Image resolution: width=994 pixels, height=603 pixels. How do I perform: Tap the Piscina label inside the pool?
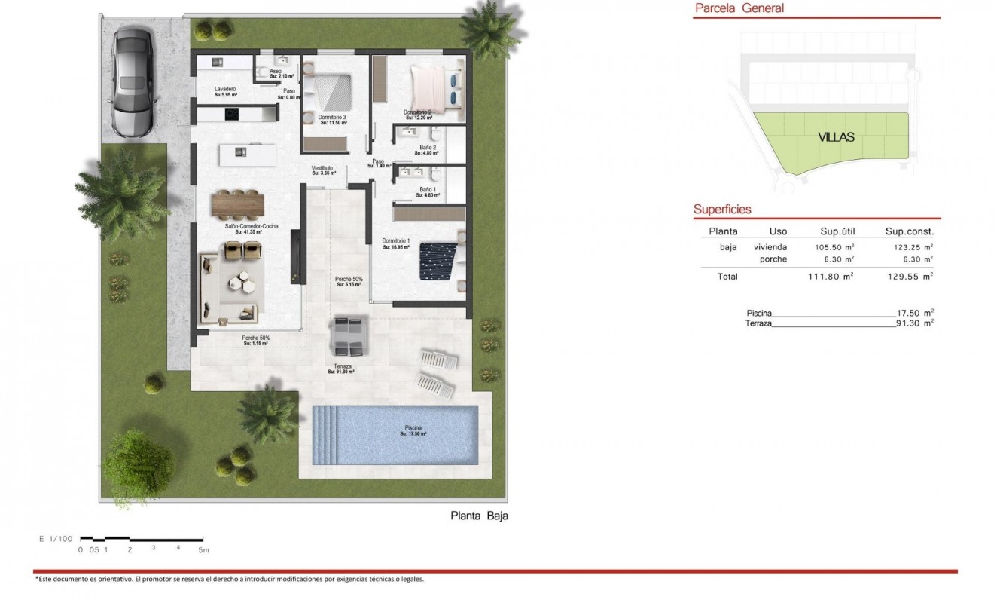point(413,431)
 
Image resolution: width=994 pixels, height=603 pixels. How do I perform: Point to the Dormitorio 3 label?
point(332,118)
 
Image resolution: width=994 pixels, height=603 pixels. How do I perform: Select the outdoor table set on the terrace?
point(347,336)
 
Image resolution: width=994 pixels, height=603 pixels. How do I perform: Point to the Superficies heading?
point(722,210)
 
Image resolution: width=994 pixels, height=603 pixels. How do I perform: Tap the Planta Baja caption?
point(480,516)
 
